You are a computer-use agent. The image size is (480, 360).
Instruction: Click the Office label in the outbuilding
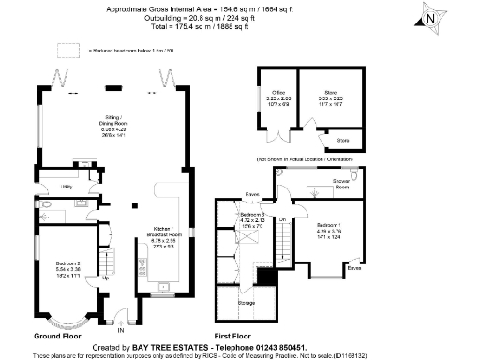(278, 92)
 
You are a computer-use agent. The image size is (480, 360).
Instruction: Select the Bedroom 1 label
(328, 226)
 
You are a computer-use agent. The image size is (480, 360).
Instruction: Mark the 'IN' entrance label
(119, 330)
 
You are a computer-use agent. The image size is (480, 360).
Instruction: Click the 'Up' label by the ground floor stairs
(104, 278)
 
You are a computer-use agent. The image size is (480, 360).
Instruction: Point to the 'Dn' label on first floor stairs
(281, 221)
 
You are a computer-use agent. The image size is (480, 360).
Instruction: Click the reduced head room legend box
(67, 49)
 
